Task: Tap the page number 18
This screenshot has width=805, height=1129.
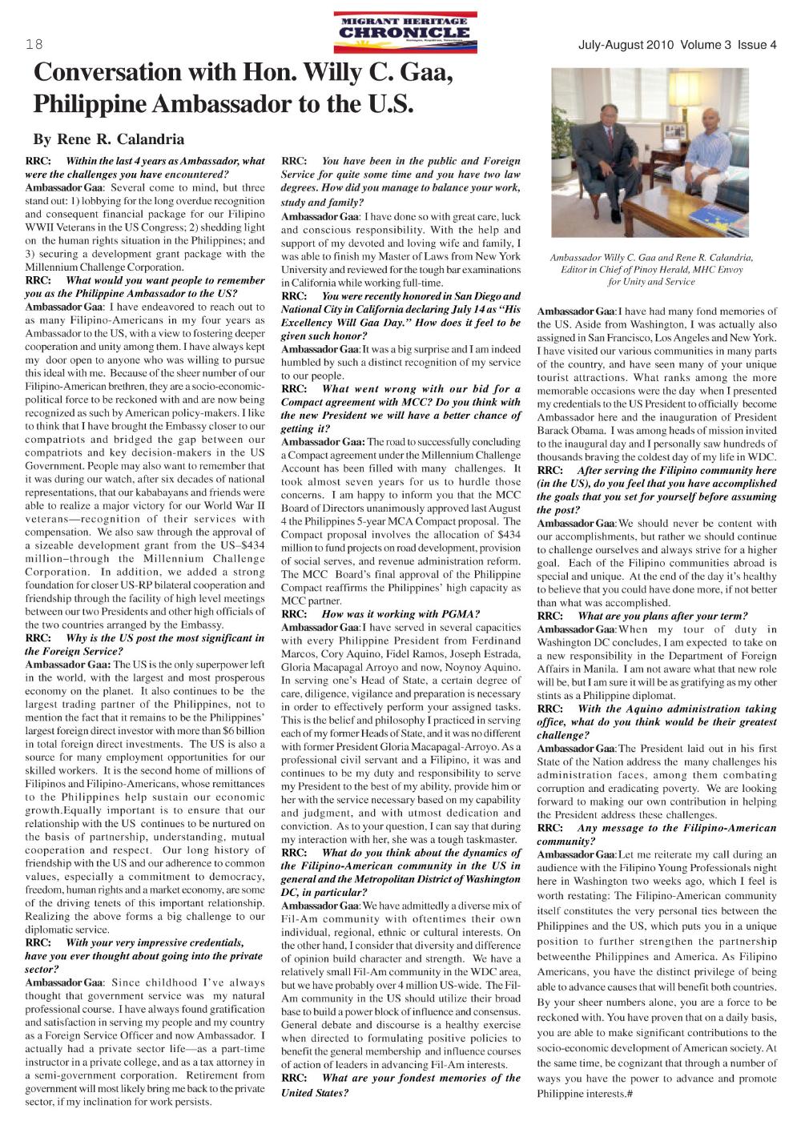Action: pyautogui.click(x=33, y=45)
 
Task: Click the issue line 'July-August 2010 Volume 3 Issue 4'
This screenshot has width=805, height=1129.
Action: pyautogui.click(x=677, y=45)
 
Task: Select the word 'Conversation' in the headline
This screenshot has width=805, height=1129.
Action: pyautogui.click(x=109, y=74)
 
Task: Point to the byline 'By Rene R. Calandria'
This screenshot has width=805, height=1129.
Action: pyautogui.click(x=108, y=140)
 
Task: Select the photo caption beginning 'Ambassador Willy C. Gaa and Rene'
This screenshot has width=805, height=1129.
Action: pyautogui.click(x=651, y=269)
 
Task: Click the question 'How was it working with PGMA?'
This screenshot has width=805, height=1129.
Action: pyautogui.click(x=400, y=614)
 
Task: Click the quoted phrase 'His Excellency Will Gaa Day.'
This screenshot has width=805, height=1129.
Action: pyautogui.click(x=400, y=315)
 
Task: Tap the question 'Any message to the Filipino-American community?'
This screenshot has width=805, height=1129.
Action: pyautogui.click(x=657, y=834)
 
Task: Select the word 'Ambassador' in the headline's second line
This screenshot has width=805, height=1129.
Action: pyautogui.click(x=244, y=104)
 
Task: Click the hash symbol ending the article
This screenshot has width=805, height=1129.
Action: pyautogui.click(x=631, y=1093)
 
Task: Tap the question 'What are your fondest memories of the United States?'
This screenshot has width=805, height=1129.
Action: pyautogui.click(x=400, y=1085)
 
